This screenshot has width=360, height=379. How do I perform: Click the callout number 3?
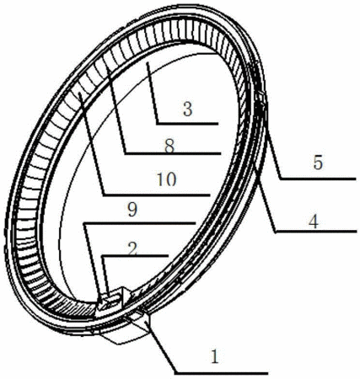tap(187, 109)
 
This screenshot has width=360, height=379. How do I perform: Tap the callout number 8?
tap(169, 146)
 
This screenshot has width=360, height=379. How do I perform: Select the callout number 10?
tap(167, 179)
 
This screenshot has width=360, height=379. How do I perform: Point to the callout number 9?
tap(132, 210)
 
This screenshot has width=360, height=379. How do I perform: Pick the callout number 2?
tap(132, 249)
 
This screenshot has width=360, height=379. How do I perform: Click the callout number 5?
tap(318, 163)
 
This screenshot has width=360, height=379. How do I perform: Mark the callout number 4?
tap(314, 222)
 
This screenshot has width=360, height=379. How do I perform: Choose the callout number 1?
tap(215, 356)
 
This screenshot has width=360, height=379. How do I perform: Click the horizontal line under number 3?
tap(187, 123)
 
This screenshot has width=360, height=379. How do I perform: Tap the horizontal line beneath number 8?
tap(173, 153)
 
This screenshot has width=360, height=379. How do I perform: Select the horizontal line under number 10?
tap(157, 195)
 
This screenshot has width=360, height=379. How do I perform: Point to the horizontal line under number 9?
tap(140, 223)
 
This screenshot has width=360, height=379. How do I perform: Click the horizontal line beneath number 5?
tap(318, 179)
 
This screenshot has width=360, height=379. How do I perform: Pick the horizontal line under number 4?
tap(316, 232)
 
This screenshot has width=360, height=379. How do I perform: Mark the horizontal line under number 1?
tap(221, 373)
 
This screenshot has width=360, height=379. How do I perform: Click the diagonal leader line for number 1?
tap(162, 348)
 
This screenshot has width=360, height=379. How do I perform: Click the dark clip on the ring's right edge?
tap(261, 109)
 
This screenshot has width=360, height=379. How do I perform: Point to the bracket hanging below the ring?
tap(124, 331)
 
